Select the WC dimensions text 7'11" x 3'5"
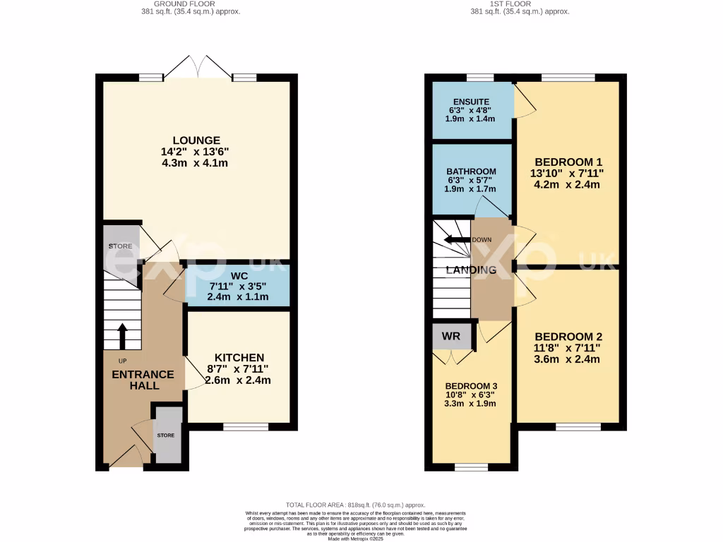237,287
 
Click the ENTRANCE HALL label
143,380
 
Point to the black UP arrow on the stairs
122,336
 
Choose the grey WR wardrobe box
451,337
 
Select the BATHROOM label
471,171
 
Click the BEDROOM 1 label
568,160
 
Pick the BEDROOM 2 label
568,337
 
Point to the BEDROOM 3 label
471,386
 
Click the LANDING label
471,270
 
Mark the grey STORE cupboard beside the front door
167,435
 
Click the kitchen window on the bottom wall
246,426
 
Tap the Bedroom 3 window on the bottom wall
471,466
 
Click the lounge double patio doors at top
200,67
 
